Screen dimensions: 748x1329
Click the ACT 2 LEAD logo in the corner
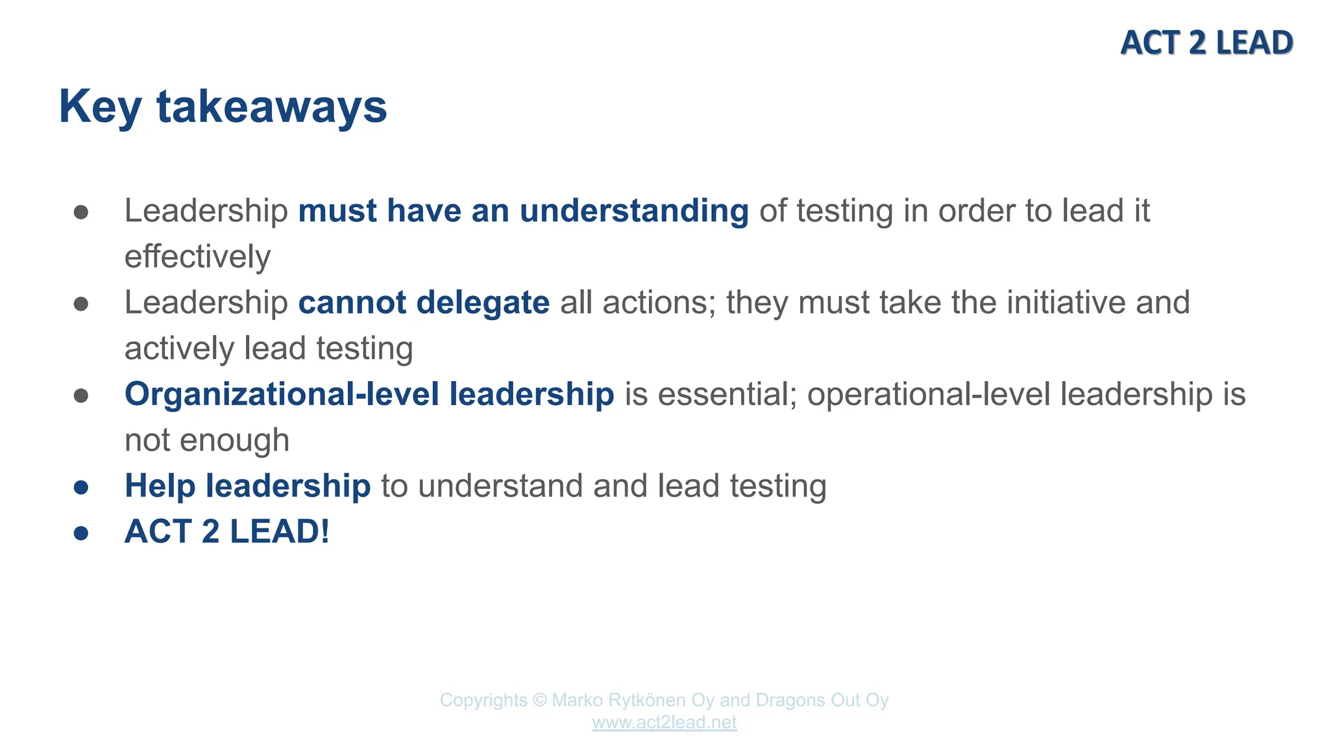(1206, 43)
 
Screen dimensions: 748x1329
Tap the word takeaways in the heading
(271, 107)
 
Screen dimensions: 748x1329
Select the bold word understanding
(634, 211)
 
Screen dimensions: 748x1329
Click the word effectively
(197, 257)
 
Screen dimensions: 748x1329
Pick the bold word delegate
(483, 303)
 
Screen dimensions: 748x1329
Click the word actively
(179, 349)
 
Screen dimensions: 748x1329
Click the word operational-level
(929, 395)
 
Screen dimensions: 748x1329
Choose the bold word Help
(160, 486)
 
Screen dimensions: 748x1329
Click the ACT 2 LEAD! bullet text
(227, 532)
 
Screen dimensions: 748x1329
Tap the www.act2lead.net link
(664, 723)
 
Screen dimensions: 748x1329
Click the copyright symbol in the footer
(539, 701)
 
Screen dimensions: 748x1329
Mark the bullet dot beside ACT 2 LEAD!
(81, 533)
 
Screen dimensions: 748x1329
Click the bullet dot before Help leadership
(81, 487)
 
